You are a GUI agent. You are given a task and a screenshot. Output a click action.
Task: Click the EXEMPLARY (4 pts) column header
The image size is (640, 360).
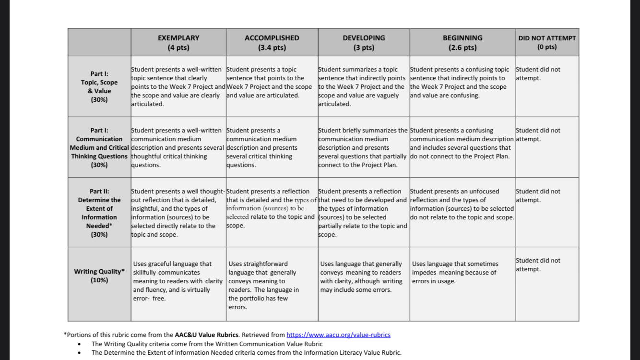pos(178,42)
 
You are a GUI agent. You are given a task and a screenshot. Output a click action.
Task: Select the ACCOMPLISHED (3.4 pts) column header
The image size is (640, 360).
pos(272,42)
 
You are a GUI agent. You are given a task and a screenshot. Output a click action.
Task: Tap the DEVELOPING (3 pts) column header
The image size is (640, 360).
pos(364,42)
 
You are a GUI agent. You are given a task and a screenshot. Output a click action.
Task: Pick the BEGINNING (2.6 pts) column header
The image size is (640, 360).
pos(462,42)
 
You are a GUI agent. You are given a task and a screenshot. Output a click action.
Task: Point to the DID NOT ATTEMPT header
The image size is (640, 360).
pos(547,42)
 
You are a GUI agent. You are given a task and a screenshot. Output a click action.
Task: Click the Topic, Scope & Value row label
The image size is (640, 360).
pos(99,86)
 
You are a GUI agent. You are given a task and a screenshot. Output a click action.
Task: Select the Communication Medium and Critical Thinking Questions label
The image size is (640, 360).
pos(99,147)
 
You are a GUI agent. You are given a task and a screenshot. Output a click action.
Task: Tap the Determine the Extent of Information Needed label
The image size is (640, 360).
pos(99,213)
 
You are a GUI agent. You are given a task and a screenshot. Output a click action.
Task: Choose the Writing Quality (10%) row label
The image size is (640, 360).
pos(99,276)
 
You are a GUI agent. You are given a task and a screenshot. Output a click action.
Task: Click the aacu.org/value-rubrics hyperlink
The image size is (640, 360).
pos(338,335)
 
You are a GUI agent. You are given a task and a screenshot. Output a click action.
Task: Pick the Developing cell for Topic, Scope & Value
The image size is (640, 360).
pos(363,87)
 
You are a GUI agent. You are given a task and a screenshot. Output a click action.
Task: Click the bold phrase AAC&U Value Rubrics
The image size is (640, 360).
pos(206,335)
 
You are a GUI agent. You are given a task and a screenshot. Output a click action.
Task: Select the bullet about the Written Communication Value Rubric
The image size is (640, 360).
pos(207,344)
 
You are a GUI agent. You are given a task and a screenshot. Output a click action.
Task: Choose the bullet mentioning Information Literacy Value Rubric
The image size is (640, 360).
pos(246,352)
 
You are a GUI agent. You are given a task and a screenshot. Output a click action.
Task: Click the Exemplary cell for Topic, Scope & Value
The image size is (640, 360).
pos(178,87)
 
